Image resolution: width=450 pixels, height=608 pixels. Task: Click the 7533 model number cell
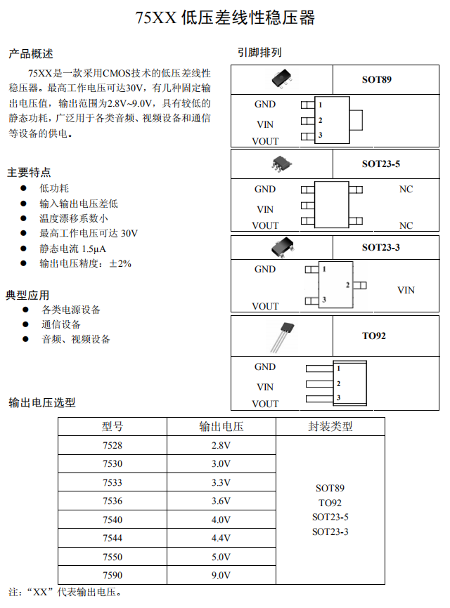click(x=112, y=482)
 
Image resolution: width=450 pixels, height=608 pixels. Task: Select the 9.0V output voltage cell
click(x=221, y=576)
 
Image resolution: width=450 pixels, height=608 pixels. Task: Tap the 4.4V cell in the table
click(x=221, y=538)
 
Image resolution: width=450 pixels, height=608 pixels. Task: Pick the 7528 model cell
click(x=112, y=445)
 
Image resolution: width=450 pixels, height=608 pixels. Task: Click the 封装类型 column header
click(x=330, y=426)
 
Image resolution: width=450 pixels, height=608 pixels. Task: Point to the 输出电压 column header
click(x=221, y=426)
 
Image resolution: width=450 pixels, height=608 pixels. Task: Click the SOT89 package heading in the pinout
click(x=376, y=79)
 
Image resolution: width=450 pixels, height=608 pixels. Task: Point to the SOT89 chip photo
click(x=281, y=78)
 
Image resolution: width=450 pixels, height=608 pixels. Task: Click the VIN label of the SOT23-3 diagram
click(x=406, y=290)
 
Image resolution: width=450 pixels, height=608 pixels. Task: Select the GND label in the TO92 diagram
click(x=265, y=366)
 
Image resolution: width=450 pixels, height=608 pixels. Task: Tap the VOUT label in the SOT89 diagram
click(x=265, y=141)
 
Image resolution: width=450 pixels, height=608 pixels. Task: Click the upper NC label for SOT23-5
click(x=406, y=189)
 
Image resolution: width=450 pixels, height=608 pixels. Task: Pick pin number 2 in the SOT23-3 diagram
click(x=347, y=285)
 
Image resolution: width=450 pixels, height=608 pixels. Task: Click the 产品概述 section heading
click(x=30, y=54)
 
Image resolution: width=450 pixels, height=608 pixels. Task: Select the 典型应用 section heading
click(x=27, y=295)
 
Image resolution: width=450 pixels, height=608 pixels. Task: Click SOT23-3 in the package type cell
click(x=330, y=531)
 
